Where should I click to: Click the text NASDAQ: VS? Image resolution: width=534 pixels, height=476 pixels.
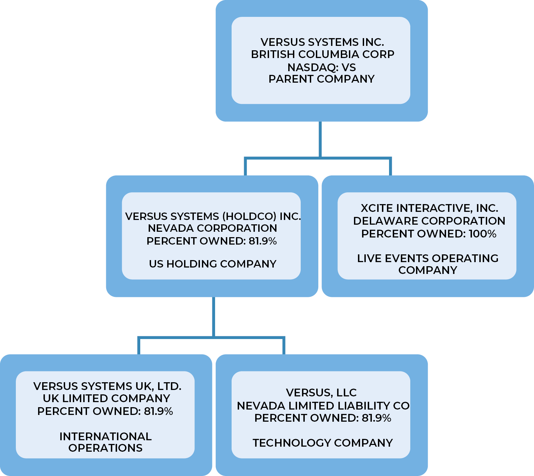tap(322, 67)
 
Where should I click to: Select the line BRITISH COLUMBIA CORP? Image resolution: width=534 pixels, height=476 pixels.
tap(323, 54)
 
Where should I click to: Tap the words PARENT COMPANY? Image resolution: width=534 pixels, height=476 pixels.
tap(322, 79)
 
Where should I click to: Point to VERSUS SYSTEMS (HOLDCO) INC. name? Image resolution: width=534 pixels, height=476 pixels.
tap(213, 216)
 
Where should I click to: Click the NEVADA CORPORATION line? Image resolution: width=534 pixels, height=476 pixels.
tap(212, 228)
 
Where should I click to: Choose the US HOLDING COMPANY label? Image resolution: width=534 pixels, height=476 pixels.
tap(213, 264)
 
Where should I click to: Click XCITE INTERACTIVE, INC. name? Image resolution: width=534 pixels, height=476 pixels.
tap(429, 208)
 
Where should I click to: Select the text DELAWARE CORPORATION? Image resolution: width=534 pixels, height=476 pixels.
tap(429, 221)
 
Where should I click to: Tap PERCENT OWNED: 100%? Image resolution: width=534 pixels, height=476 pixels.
tap(429, 234)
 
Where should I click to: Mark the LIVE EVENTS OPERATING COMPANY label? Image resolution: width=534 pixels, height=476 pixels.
tap(428, 264)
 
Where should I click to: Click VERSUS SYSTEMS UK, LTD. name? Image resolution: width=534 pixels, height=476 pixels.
tap(107, 386)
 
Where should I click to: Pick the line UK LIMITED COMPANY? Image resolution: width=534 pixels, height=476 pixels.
tap(106, 398)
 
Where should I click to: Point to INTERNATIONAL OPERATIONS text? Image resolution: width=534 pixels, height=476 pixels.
tap(106, 442)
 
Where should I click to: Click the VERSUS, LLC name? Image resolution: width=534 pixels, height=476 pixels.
tap(321, 393)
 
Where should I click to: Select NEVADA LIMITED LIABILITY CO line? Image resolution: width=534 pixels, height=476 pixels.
tap(323, 405)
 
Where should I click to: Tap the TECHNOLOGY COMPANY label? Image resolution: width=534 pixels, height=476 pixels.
tap(323, 443)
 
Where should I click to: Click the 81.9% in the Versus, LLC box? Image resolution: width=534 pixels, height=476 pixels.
tap(377, 418)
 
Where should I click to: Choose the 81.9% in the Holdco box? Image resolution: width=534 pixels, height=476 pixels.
tap(263, 241)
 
